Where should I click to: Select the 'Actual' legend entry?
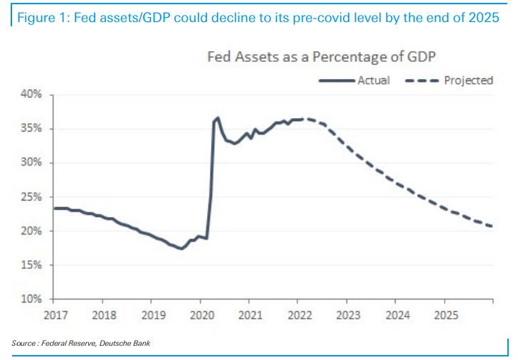pyautogui.click(x=374, y=80)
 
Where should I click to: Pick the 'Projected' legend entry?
pyautogui.click(x=468, y=80)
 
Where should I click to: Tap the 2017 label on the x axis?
pyautogui.click(x=55, y=314)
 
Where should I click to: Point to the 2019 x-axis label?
pyautogui.click(x=152, y=314)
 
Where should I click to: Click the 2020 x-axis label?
pyautogui.click(x=201, y=314)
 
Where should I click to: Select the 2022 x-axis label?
pyautogui.click(x=299, y=314)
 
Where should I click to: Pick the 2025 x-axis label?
pyautogui.click(x=445, y=314)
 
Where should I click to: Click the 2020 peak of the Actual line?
pyautogui.click(x=218, y=118)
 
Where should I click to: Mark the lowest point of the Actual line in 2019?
pyautogui.click(x=181, y=248)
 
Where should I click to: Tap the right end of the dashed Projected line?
pyautogui.click(x=493, y=226)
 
